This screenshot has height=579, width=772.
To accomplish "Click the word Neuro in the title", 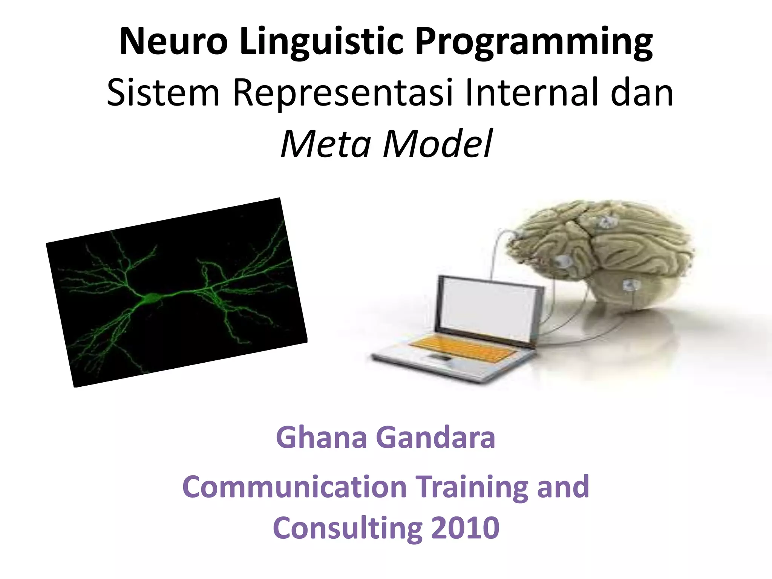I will [x=173, y=41].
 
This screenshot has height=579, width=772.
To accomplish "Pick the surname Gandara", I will [x=435, y=438].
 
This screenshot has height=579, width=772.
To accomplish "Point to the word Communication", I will [x=294, y=487].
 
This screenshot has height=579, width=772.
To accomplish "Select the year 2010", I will [x=465, y=528].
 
